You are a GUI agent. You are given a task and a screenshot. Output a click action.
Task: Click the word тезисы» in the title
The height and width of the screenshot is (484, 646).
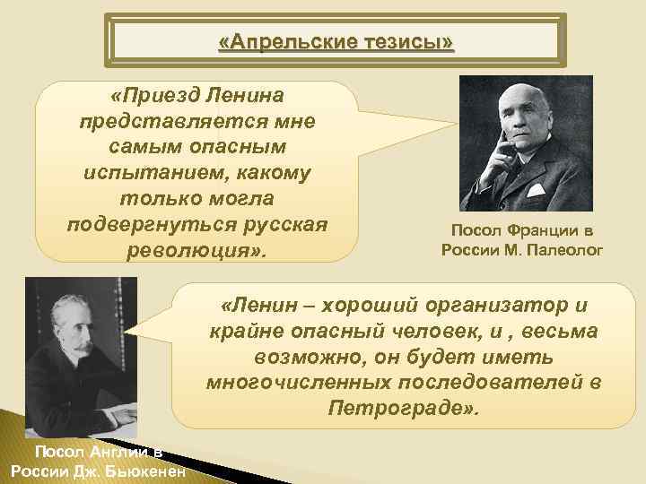click(x=413, y=42)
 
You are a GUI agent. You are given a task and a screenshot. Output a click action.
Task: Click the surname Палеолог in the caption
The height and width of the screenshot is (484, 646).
click(x=566, y=248)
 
